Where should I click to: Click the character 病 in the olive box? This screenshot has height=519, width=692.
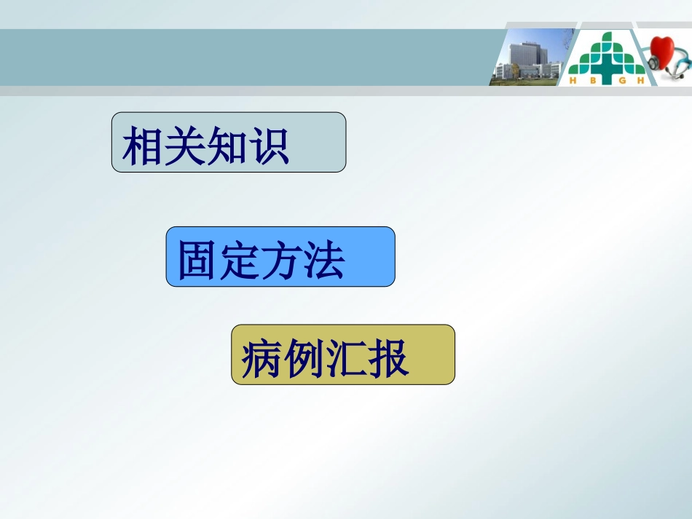(x=262, y=358)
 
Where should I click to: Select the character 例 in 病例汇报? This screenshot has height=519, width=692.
(x=304, y=358)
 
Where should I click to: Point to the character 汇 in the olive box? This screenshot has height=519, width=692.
(x=345, y=358)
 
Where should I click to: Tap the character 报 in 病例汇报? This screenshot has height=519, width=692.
(x=388, y=358)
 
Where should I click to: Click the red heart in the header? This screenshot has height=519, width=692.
(x=667, y=52)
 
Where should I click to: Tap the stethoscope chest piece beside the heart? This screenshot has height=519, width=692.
(x=653, y=63)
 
